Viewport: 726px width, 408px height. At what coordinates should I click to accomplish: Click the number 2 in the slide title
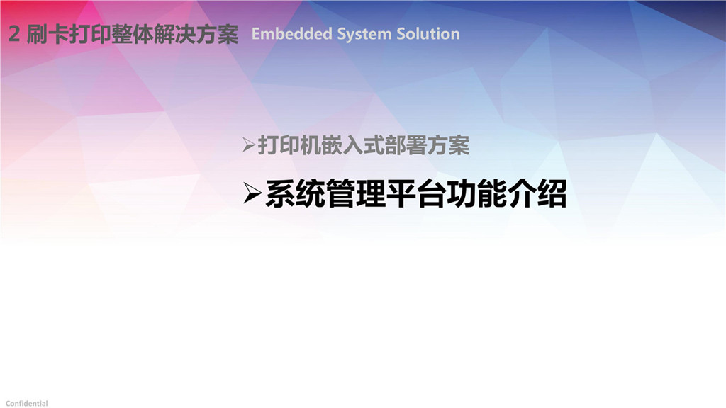pos(14,34)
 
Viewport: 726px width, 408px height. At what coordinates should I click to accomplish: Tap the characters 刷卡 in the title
pos(48,34)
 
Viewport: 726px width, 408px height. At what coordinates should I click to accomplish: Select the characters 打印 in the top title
pos(90,34)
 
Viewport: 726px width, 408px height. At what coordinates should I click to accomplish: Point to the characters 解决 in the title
pos(174,34)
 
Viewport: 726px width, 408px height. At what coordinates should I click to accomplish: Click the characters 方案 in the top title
pos(217,34)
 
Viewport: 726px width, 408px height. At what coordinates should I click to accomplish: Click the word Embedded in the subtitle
pos(291,34)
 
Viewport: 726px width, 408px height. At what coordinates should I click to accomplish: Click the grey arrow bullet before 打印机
pos(249,146)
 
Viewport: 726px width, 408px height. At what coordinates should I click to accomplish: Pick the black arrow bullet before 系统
pos(252,193)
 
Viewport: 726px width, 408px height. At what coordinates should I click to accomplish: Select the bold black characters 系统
pos(295,194)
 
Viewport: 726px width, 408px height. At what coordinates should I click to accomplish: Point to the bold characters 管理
pos(355,194)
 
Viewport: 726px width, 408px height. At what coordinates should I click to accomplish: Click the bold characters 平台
pos(415,194)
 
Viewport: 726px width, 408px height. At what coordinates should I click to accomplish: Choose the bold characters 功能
pos(476,194)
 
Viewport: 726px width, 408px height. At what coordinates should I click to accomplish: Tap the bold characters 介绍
pos(537,194)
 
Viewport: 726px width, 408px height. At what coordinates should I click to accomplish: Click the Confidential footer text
pos(26,403)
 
